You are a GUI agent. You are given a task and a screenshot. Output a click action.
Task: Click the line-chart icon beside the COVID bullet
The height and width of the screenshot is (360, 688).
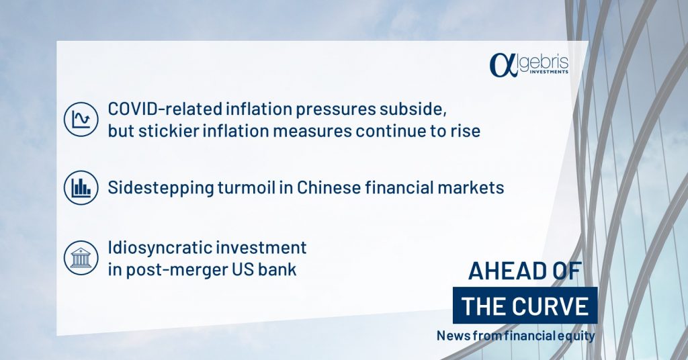pos(81,120)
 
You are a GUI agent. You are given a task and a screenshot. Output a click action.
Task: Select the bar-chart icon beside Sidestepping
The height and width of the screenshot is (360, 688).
pos(81,187)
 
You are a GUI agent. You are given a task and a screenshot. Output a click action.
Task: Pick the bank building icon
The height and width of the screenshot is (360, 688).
pos(81,258)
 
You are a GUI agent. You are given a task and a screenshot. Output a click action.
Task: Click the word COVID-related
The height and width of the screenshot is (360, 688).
pos(165,109)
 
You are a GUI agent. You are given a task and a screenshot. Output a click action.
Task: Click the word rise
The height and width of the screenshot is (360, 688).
pos(466,131)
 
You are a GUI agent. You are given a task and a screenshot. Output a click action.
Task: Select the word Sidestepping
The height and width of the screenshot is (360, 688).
pos(161,188)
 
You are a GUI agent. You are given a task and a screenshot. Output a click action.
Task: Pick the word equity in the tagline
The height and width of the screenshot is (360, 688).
pos(579,336)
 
